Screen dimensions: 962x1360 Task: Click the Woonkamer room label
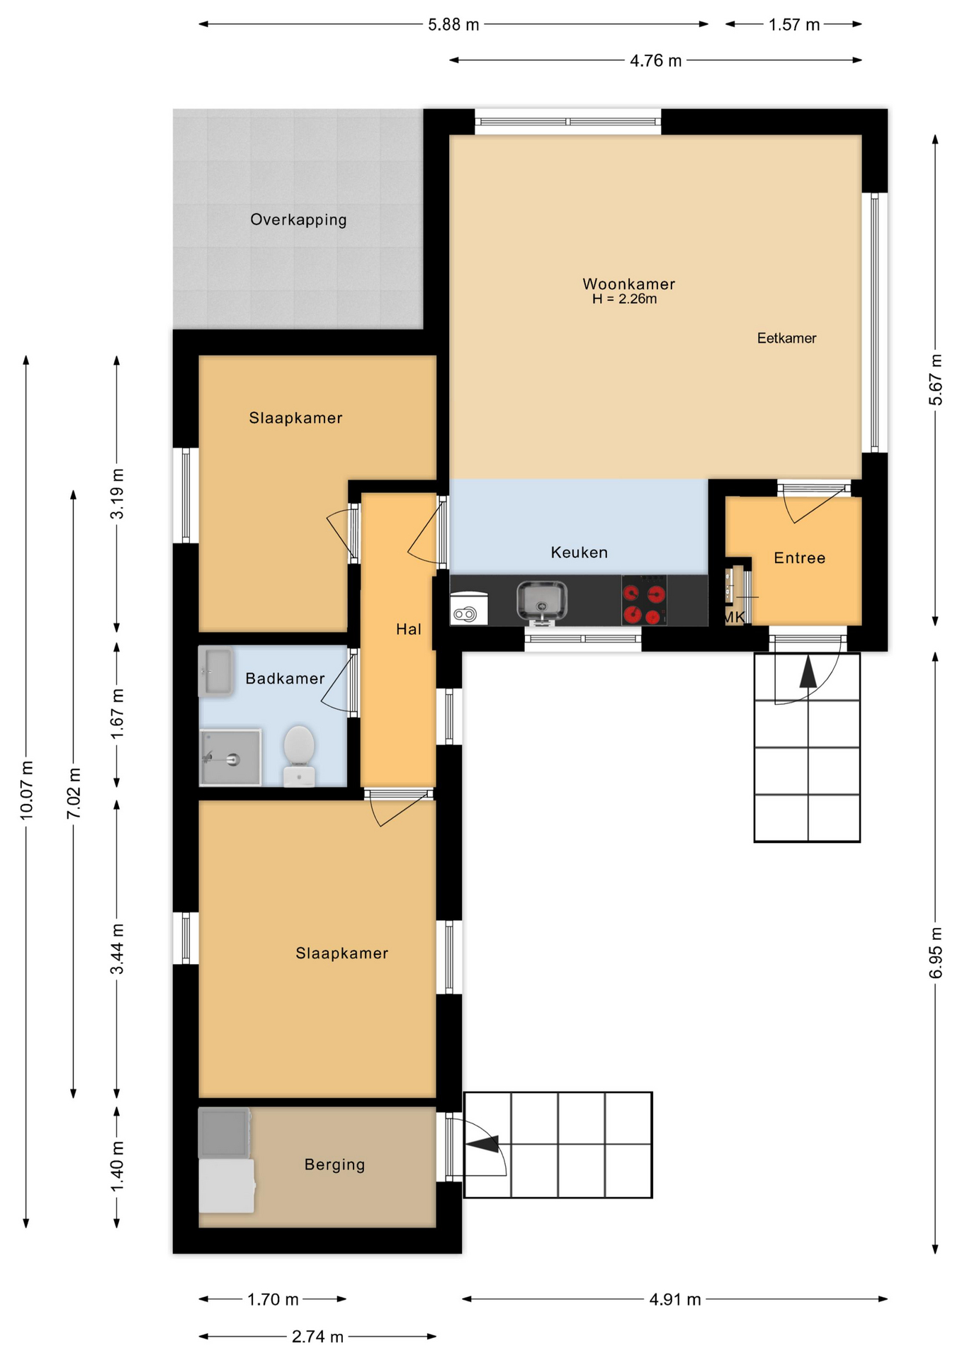(x=628, y=284)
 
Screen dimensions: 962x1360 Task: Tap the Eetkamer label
(x=786, y=339)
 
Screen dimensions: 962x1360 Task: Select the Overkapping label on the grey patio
(x=298, y=220)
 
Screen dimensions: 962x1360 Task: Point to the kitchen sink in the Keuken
(x=542, y=601)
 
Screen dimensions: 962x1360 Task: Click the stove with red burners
(x=644, y=600)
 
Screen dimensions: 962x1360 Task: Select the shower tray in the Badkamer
(x=230, y=757)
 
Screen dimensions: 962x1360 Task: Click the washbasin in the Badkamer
(x=216, y=670)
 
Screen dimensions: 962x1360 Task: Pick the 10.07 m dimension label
(x=26, y=790)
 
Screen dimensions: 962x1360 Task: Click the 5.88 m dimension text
(x=453, y=25)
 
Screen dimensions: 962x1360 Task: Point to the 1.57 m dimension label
(x=794, y=25)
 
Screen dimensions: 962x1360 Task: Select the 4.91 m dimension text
(x=675, y=1299)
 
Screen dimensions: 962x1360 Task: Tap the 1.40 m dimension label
(x=118, y=1166)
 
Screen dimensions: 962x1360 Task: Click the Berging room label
(x=334, y=1164)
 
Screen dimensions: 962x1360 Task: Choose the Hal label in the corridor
(x=409, y=629)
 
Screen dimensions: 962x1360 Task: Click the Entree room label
(x=800, y=558)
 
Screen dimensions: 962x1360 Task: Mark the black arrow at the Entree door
(x=808, y=672)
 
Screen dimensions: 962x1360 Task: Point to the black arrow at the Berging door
(x=482, y=1144)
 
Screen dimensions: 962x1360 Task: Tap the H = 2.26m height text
(x=625, y=299)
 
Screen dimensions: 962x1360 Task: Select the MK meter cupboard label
(x=734, y=617)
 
